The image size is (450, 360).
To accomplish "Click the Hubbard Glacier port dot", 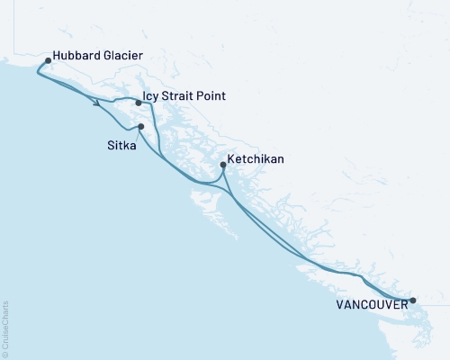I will pos(48,61).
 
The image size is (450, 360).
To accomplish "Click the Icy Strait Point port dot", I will pos(138,103).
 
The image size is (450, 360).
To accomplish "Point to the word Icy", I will pos(151,96).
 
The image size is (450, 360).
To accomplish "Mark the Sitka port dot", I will pos(141,127).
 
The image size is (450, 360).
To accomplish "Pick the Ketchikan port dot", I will pos(222,164).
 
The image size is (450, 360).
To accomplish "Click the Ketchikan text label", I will pos(256,158).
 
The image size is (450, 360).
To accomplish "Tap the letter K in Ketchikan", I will pos(231,158).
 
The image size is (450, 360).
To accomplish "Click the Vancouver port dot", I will pos(413,301).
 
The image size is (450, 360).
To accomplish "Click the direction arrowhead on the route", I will pos(95,104).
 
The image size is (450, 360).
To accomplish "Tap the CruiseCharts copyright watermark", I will pos(6,328).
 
